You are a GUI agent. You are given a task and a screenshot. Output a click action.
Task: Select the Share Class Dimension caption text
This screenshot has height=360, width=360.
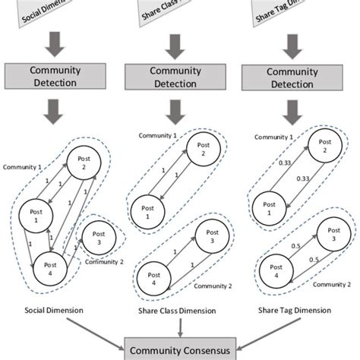[x=180, y=311]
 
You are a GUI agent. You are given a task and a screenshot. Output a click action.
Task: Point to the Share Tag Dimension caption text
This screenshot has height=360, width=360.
[x=298, y=311]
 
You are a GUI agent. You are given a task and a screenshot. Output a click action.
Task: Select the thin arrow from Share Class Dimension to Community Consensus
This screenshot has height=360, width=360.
[x=180, y=327]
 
